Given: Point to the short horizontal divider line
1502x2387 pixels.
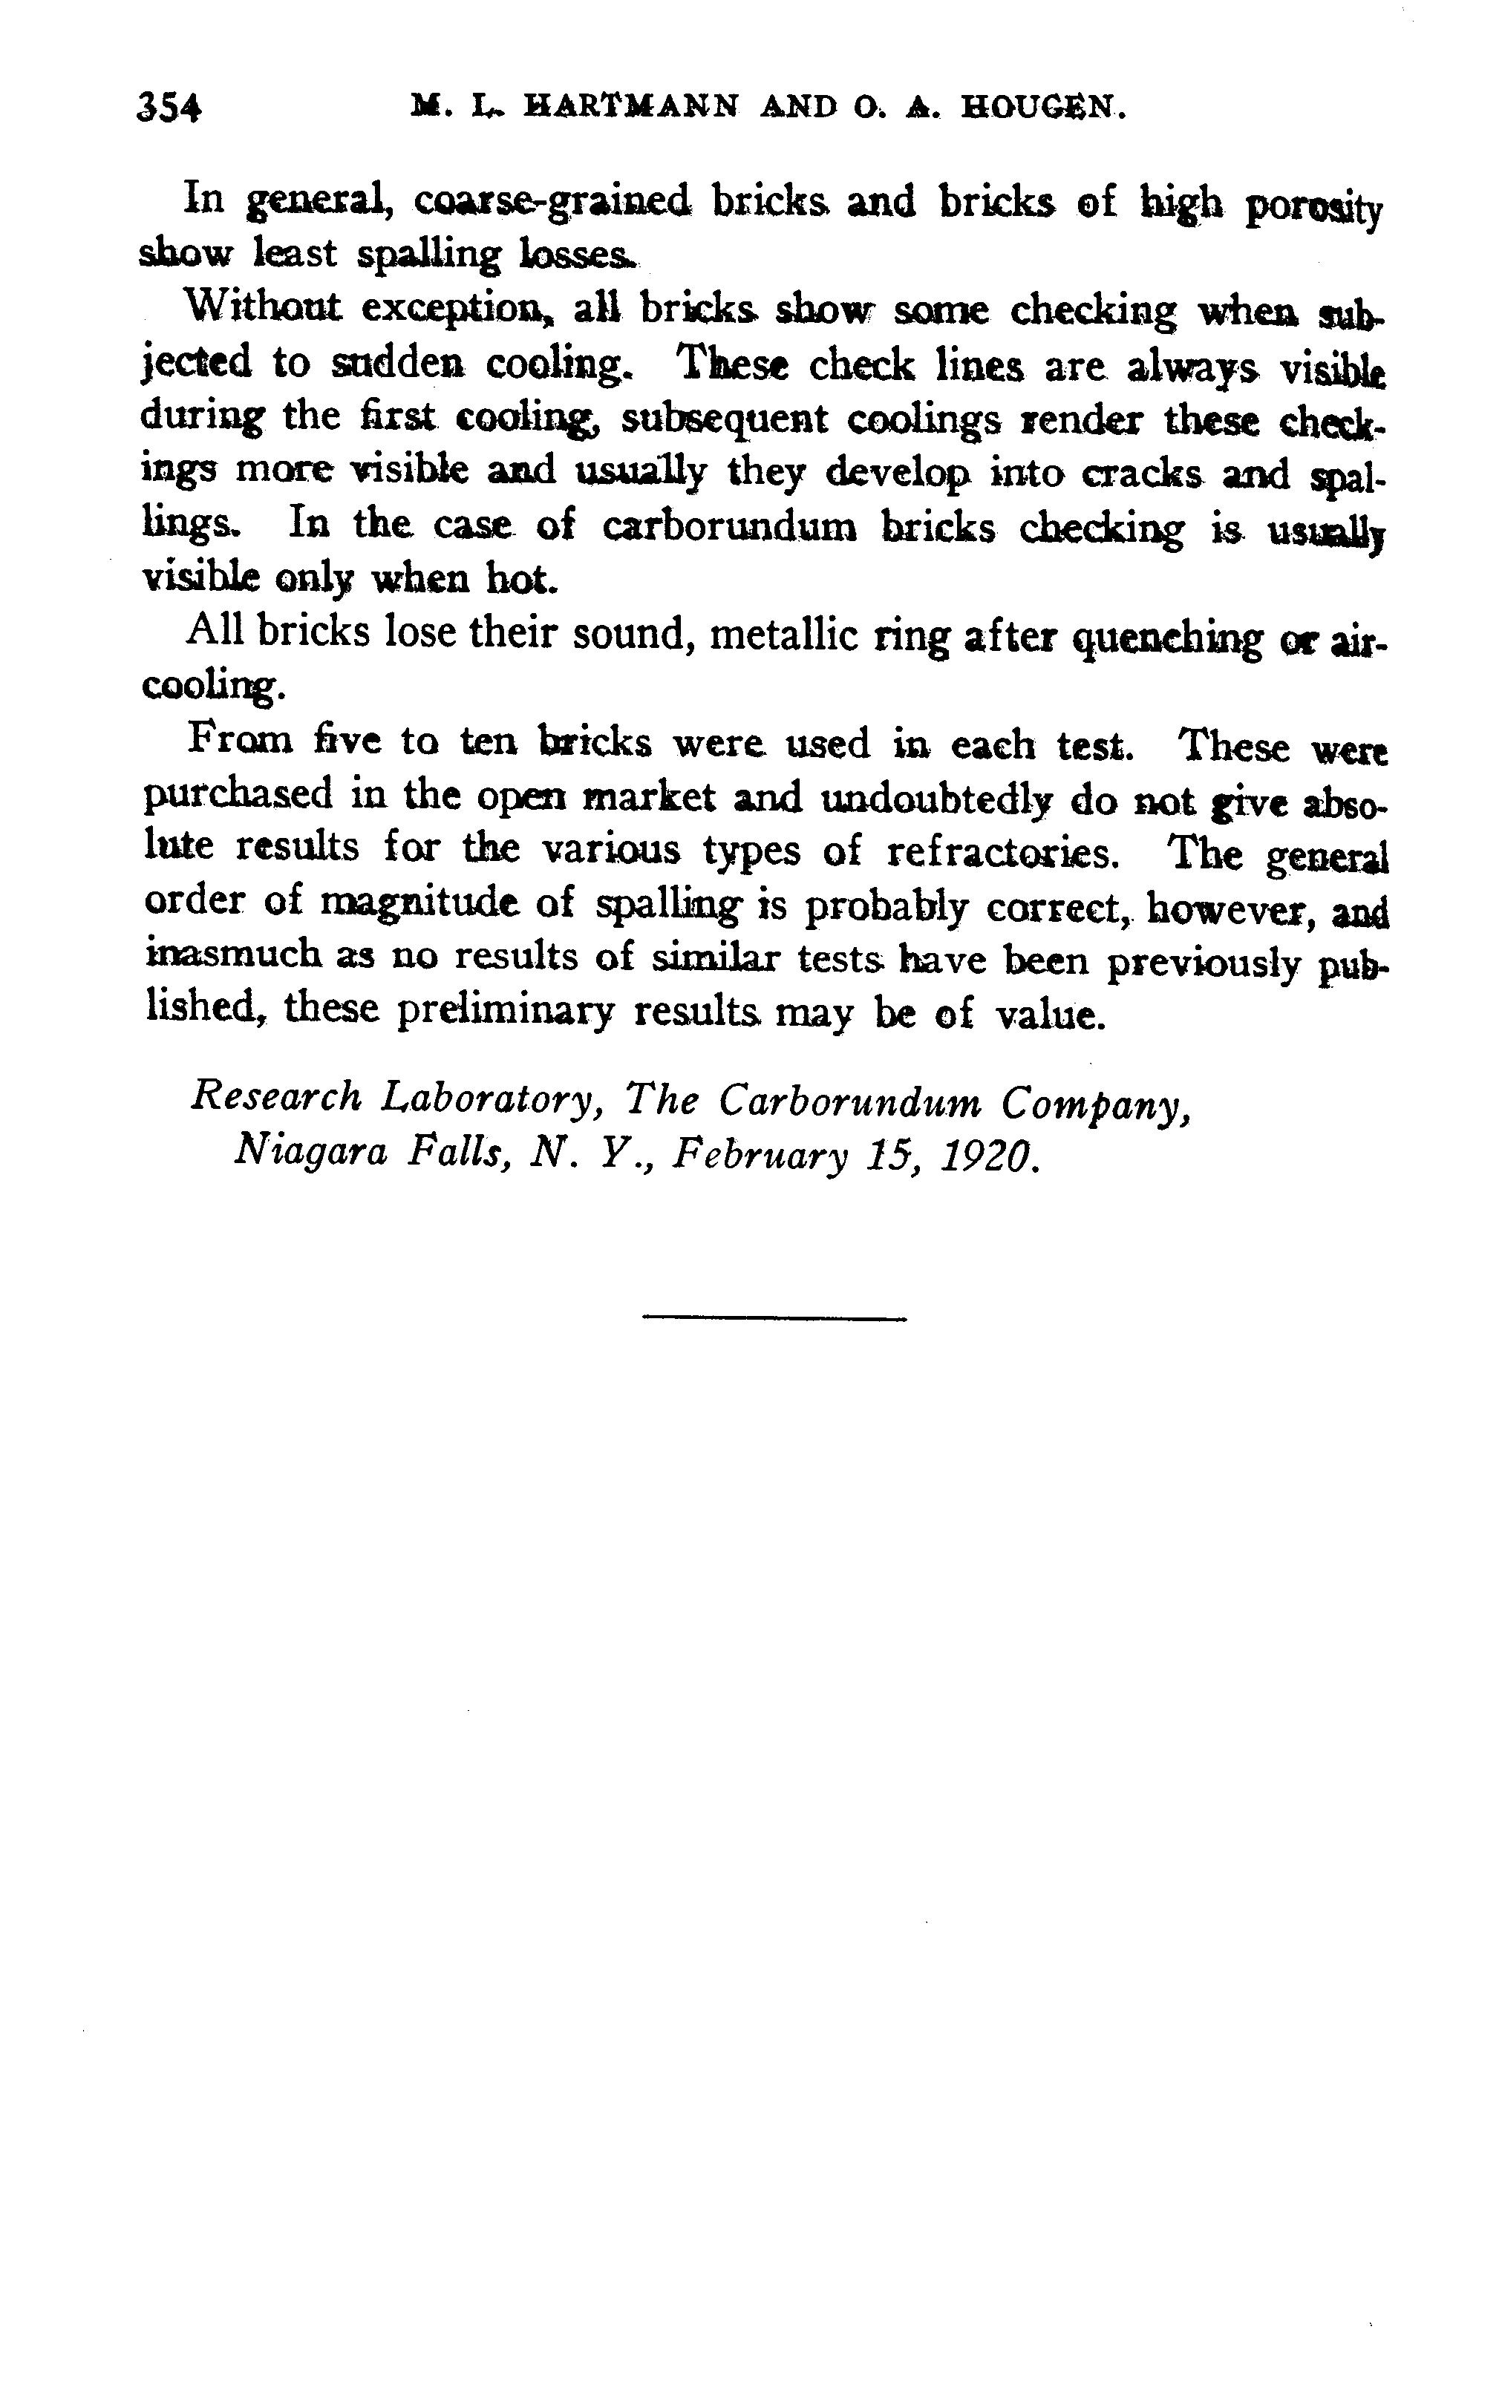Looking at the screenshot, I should click(x=774, y=1317).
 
